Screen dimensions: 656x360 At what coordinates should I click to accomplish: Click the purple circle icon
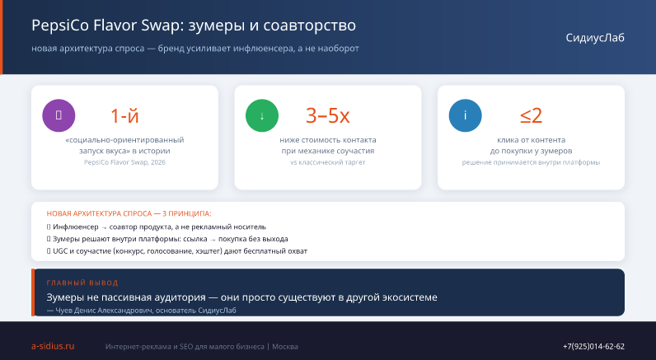[x=59, y=115]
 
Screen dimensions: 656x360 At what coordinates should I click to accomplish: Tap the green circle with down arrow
[x=262, y=115]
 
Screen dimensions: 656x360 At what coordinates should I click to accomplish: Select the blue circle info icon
[x=466, y=115]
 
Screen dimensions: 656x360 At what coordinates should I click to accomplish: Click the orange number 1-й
[x=124, y=116]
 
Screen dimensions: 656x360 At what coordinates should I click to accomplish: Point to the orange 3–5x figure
[x=328, y=116]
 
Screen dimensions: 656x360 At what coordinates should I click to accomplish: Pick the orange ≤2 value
[x=532, y=116]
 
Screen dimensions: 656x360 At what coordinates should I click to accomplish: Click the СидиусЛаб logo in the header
[x=595, y=38]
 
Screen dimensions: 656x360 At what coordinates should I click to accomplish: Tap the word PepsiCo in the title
[x=60, y=26]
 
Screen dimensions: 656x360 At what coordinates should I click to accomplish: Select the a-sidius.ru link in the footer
[x=53, y=346]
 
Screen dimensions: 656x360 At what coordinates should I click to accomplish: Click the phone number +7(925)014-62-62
[x=593, y=347]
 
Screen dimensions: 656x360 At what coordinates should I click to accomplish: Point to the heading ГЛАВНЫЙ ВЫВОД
[x=82, y=283]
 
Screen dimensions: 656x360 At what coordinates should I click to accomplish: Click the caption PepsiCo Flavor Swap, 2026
[x=124, y=162]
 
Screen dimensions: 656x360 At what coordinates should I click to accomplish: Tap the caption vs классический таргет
[x=328, y=162]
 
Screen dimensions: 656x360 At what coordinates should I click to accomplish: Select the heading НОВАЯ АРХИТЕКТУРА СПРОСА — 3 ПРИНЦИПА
[x=129, y=213]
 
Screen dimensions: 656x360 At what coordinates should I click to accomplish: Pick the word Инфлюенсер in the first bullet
[x=76, y=227]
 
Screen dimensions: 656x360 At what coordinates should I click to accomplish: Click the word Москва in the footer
[x=285, y=347]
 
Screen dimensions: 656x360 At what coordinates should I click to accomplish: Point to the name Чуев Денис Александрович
[x=104, y=311]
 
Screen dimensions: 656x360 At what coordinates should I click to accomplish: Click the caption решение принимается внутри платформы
[x=531, y=162]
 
